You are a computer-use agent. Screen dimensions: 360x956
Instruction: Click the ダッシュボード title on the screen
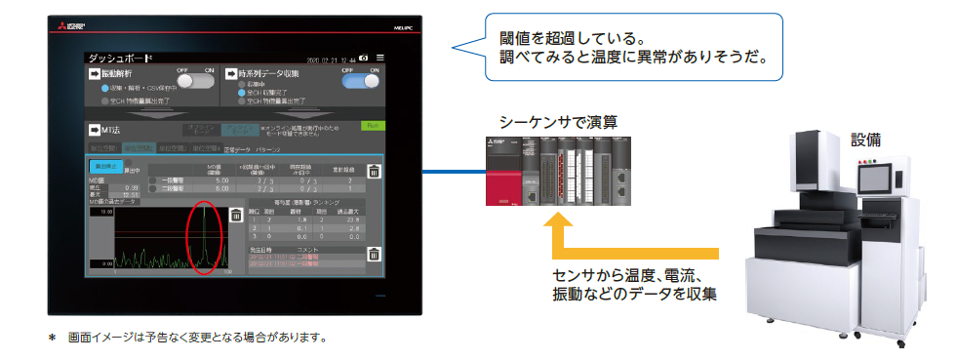[115, 59]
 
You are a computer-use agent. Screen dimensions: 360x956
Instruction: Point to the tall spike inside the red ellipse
[203, 234]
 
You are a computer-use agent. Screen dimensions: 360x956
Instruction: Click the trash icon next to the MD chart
[235, 215]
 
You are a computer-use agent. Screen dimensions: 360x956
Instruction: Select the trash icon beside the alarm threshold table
[372, 172]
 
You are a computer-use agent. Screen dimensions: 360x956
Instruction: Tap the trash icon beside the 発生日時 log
[372, 256]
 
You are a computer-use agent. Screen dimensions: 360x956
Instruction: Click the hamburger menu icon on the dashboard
[380, 59]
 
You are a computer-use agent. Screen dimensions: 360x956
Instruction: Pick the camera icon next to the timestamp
[363, 59]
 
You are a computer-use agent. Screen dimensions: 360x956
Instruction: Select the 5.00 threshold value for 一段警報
[220, 180]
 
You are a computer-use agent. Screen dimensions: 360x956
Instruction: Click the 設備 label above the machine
[865, 139]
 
